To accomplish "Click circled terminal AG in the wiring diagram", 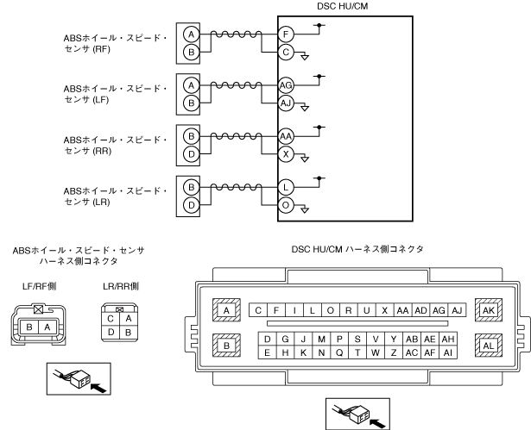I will [x=287, y=85].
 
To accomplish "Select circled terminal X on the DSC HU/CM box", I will [x=287, y=154].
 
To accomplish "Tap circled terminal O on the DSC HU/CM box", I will [x=287, y=204].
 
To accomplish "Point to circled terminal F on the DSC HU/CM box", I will [x=287, y=35].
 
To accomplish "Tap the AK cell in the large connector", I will [x=489, y=310].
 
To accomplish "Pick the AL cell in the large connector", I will [x=489, y=346].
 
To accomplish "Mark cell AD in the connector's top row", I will [x=420, y=309].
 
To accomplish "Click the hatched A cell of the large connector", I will [x=225, y=310].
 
